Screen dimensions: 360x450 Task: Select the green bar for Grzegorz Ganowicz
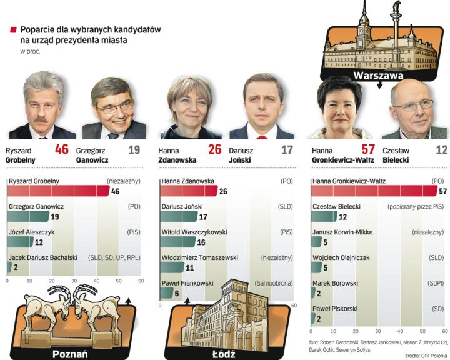[28, 216]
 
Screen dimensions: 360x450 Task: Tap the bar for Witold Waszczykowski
[177, 242]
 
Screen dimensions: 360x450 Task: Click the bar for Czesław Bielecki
[324, 216]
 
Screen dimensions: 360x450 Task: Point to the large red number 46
[61, 149]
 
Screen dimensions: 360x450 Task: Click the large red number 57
[368, 149]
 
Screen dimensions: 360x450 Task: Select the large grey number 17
[287, 150]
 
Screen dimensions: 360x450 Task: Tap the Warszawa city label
[377, 76]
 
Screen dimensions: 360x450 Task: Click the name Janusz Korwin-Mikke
[342, 232]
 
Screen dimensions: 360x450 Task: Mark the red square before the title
[12, 29]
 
